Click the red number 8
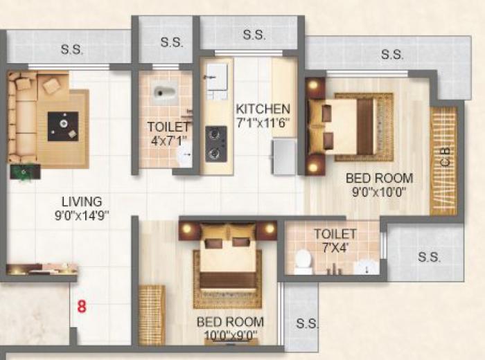tap(81, 306)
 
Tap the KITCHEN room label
tap(263, 109)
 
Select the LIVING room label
tap(81, 201)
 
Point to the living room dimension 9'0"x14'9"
tap(81, 215)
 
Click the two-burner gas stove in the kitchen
tap(216, 143)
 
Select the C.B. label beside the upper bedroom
tap(445, 156)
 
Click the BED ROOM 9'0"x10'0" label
tap(379, 178)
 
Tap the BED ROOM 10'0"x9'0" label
tap(230, 322)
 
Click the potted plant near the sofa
tap(25, 172)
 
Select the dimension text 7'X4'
tap(335, 247)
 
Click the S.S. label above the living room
tap(72, 49)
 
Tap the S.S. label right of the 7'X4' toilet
tap(429, 257)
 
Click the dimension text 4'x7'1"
tap(167, 141)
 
